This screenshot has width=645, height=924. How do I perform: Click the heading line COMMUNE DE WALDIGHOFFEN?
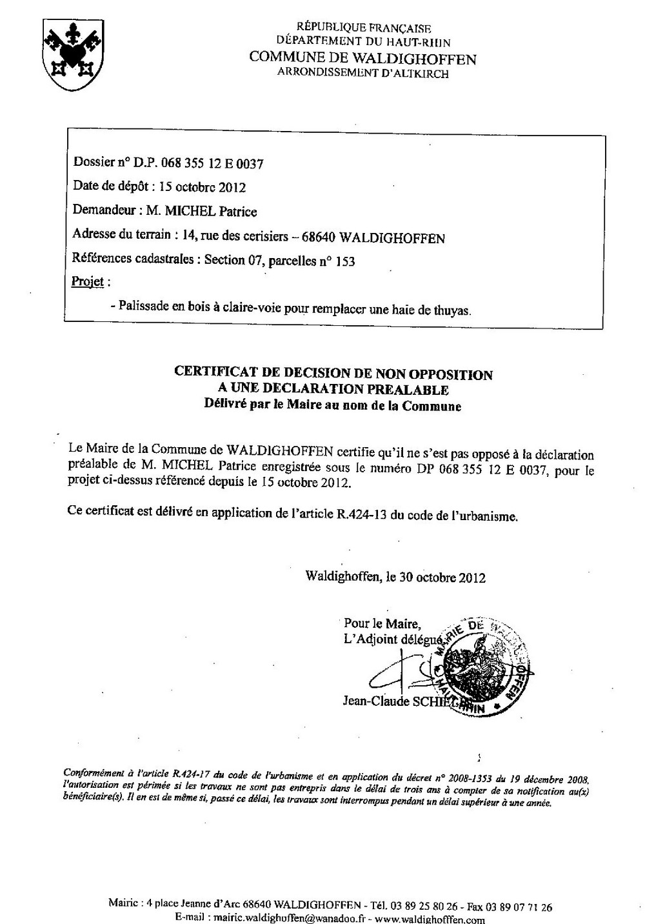click(x=362, y=59)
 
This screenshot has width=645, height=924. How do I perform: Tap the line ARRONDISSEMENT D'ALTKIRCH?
click(x=362, y=74)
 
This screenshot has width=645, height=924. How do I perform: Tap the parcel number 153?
click(x=345, y=261)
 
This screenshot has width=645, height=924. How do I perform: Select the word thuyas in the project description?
click(x=451, y=310)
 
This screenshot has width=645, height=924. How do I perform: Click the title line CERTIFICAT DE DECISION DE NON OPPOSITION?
click(x=333, y=374)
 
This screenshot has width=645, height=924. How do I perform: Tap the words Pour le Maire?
click(x=382, y=623)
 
